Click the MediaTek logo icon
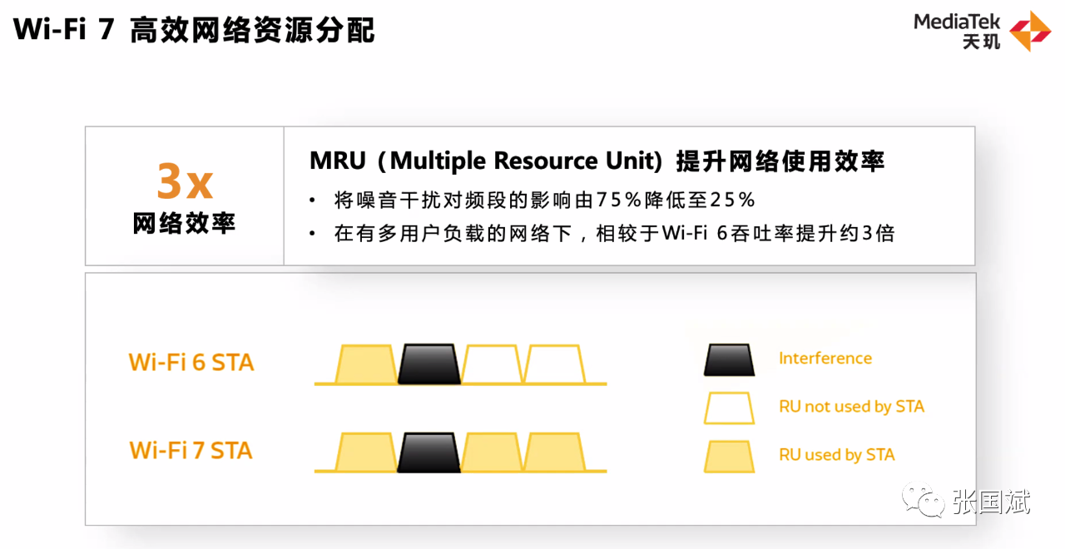1030,31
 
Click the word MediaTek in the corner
957,22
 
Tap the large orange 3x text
185,181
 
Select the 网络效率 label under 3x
185,223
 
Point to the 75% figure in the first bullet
621,200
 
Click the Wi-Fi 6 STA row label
191,363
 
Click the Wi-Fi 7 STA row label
191,451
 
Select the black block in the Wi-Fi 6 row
429,364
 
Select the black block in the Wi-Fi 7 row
429,453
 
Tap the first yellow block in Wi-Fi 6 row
366,364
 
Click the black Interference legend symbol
729,359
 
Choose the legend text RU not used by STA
851,407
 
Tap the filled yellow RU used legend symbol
729,456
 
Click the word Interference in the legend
825,359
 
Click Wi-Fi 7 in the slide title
63,30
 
